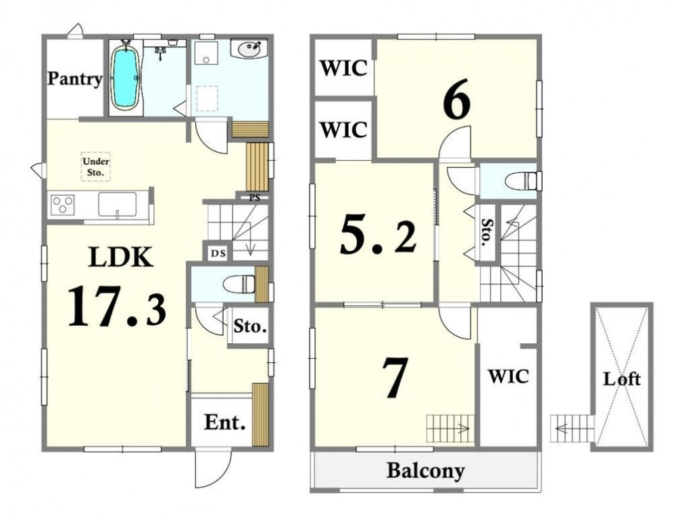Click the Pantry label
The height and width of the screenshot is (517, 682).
coord(75,78)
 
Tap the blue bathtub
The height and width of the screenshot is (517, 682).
coord(125,78)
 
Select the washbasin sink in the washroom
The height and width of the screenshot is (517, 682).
coord(248,49)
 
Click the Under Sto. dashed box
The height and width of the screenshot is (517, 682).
coord(96,166)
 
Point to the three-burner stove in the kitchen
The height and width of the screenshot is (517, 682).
coord(63,204)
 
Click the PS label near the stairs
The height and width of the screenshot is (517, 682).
coord(254,198)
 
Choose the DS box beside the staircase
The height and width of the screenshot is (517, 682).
coord(218,253)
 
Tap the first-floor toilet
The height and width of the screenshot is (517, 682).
coord(239,285)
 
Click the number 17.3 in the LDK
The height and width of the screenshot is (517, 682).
coord(117,305)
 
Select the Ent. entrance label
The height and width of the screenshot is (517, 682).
coord(224,422)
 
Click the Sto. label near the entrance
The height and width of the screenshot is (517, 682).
coord(249,326)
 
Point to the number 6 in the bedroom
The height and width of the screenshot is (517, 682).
coord(457,99)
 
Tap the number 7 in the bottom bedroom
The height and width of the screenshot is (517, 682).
coord(395,377)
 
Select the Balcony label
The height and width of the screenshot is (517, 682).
coord(425,471)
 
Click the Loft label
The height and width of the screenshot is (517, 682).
coord(622,379)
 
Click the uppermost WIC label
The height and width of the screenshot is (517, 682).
coord(343,68)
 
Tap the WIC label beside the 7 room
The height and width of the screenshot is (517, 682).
coord(508,376)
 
